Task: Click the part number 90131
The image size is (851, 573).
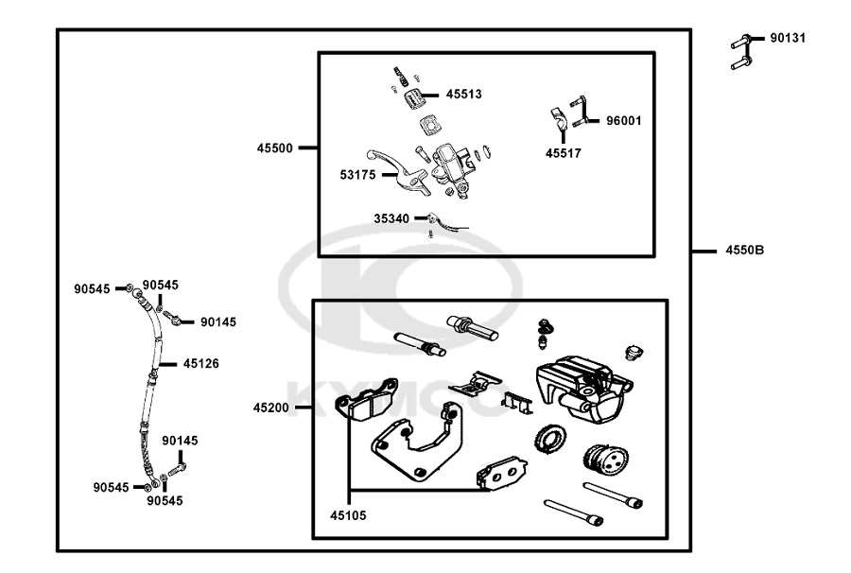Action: tap(788, 39)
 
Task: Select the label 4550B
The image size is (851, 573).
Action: tap(745, 251)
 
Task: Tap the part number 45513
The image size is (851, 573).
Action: tap(464, 94)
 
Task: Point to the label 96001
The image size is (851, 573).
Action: tap(624, 121)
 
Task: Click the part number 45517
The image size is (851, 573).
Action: tap(564, 152)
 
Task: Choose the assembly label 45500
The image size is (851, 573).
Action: tap(274, 148)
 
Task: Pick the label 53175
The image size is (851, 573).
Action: tap(358, 175)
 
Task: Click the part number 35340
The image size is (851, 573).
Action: tap(391, 218)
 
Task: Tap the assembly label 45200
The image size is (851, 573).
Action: tap(271, 408)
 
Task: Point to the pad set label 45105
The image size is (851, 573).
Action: tap(348, 516)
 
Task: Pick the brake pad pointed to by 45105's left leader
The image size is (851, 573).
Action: tap(373, 397)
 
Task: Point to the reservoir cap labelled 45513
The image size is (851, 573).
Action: tap(412, 95)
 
